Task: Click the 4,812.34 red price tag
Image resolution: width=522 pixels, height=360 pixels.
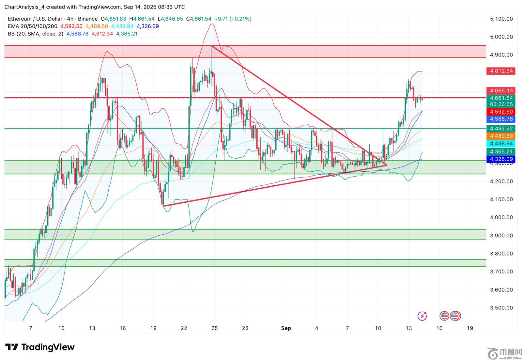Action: (x=501, y=71)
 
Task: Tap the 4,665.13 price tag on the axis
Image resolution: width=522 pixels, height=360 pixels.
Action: (x=501, y=90)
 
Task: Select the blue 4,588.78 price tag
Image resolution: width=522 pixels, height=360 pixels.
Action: (x=501, y=119)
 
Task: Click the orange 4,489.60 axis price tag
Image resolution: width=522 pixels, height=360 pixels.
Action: (x=501, y=136)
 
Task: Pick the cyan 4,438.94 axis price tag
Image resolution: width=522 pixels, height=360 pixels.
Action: (x=501, y=144)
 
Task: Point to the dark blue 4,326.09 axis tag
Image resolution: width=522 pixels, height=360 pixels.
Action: (x=501, y=159)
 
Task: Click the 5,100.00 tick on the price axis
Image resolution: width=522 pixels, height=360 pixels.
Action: (x=501, y=19)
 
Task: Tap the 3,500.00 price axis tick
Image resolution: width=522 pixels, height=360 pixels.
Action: (x=501, y=308)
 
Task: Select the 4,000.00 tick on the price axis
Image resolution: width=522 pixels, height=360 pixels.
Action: (x=501, y=217)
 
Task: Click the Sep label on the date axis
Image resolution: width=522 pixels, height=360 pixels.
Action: (x=286, y=328)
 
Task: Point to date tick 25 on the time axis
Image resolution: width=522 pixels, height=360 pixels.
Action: (x=214, y=328)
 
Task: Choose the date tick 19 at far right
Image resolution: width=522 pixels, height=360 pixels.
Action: (x=470, y=328)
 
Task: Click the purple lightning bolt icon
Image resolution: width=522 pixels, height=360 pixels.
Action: (x=422, y=316)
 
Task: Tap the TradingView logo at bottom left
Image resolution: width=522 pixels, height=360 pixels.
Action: (x=40, y=347)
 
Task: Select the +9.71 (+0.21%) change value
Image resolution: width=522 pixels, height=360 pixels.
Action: (x=233, y=19)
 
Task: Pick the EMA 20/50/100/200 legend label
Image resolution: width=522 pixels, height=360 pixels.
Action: (x=33, y=26)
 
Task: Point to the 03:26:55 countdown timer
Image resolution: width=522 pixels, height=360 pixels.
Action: (x=501, y=104)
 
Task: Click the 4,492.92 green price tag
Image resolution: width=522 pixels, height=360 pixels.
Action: (x=501, y=129)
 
